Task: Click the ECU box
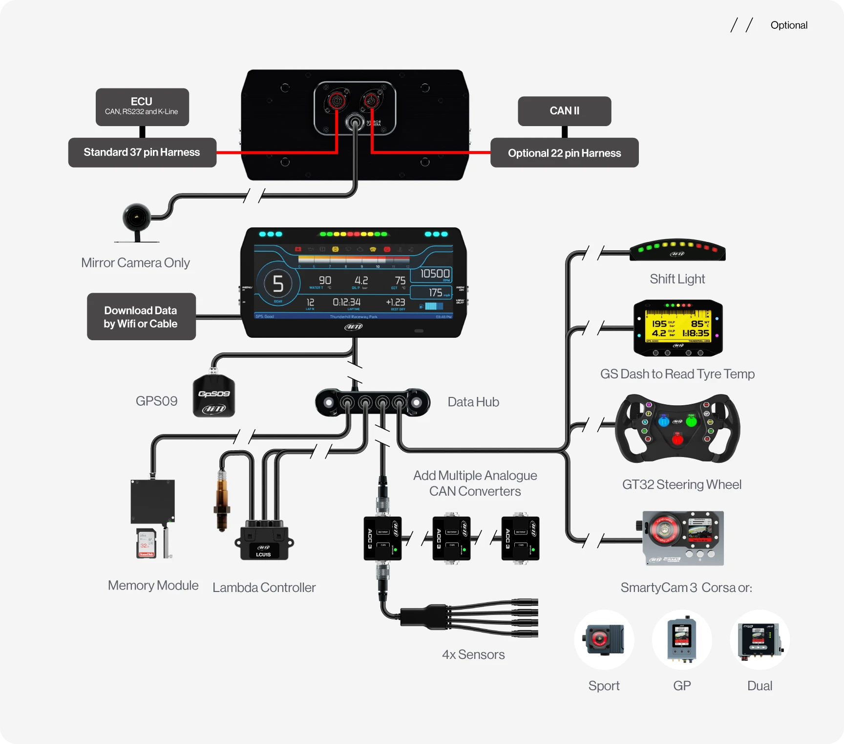[x=142, y=107]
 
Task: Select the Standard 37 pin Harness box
[x=142, y=153]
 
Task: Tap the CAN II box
[x=564, y=111]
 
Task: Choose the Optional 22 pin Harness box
[x=564, y=153]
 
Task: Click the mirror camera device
[x=136, y=218]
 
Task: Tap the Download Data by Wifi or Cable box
[x=141, y=317]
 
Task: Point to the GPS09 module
[x=214, y=396]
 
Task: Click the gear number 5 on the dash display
[x=278, y=284]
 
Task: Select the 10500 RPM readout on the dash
[x=434, y=274]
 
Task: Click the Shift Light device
[x=677, y=250]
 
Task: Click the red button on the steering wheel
[x=677, y=439]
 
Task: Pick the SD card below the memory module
[x=146, y=543]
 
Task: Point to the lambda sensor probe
[x=222, y=501]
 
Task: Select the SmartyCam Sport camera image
[x=604, y=639]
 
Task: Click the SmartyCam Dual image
[x=760, y=639]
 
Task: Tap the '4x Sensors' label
[x=473, y=655]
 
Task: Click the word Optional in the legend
[x=788, y=25]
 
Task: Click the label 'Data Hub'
[x=473, y=402]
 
